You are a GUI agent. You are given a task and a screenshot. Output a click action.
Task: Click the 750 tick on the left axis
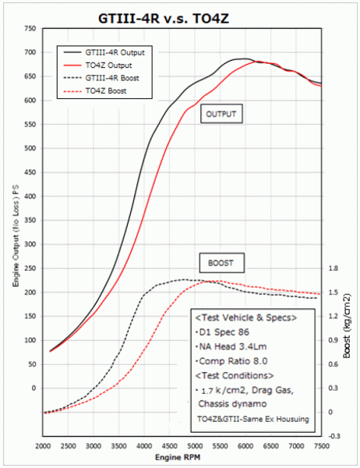coord(30,29)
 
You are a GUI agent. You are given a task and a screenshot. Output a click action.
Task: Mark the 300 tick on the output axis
coord(30,244)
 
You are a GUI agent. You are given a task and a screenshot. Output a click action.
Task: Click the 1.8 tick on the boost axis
coord(334,268)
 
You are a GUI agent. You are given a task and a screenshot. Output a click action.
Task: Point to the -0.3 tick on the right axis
coord(334,435)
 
